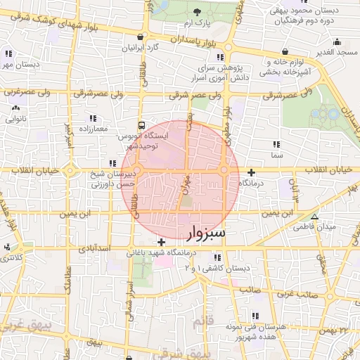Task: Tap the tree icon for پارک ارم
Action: pos(196,12)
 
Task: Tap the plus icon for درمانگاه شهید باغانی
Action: pos(161,242)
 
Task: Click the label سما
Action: pos(276,154)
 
